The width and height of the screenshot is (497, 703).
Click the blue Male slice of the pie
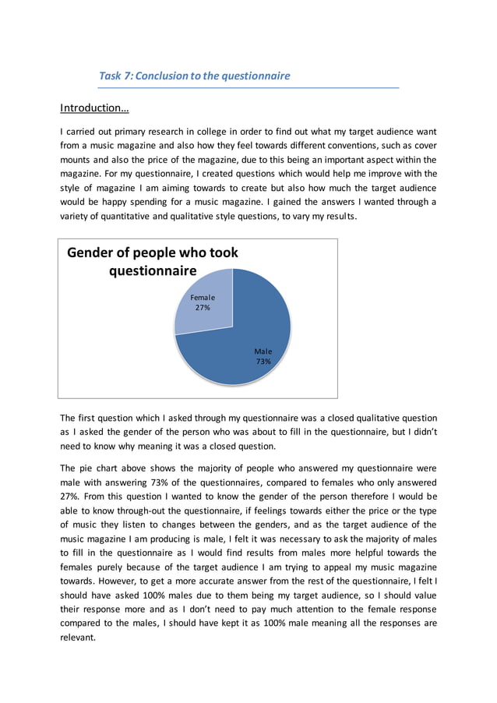click(249, 343)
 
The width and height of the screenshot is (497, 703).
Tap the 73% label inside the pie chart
click(263, 362)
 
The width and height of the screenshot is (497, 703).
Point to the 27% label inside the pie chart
click(203, 308)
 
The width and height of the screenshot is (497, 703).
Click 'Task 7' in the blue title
click(115, 76)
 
